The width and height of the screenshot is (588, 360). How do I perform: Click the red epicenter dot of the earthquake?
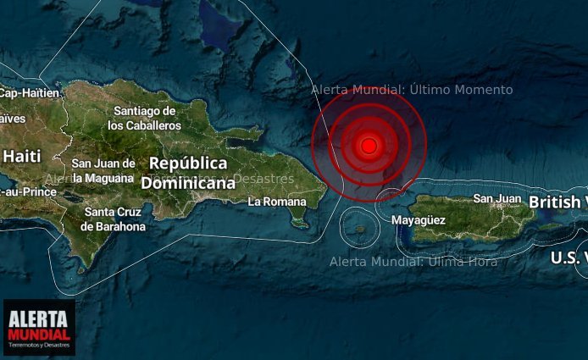click(369, 146)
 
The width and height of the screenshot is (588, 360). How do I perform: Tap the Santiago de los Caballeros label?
click(145, 118)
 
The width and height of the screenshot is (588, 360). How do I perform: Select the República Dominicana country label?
click(188, 172)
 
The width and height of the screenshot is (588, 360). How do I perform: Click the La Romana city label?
click(275, 202)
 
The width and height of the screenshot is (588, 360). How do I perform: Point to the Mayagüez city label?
click(419, 220)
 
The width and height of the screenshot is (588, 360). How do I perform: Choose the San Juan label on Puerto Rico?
click(496, 198)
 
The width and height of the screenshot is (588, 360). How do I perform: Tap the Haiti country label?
click(22, 156)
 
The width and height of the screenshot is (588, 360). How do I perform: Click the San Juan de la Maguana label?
click(103, 170)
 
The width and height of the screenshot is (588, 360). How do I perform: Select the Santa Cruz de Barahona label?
click(113, 219)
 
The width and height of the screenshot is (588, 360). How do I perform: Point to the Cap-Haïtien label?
click(30, 92)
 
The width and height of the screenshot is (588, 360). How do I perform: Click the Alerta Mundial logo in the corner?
click(39, 327)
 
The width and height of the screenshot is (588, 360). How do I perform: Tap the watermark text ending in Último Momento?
click(412, 90)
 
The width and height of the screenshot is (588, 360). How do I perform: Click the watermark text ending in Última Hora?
click(413, 261)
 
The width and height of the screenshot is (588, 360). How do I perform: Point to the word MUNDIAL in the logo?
click(39, 335)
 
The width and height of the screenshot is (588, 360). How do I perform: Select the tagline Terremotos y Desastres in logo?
click(39, 346)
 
